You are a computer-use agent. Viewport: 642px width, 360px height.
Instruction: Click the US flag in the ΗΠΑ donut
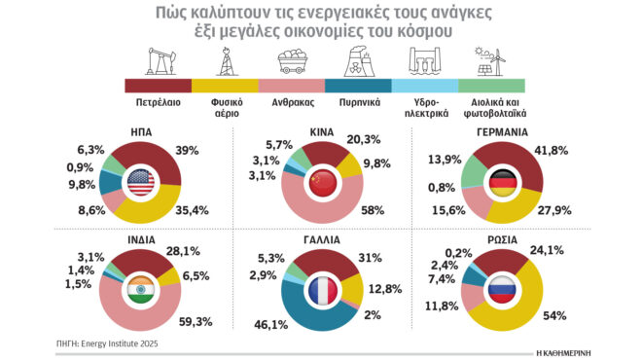[141, 182]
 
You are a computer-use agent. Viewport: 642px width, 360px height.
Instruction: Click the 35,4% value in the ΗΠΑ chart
[193, 208]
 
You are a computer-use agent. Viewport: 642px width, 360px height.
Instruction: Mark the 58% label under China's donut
[371, 209]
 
